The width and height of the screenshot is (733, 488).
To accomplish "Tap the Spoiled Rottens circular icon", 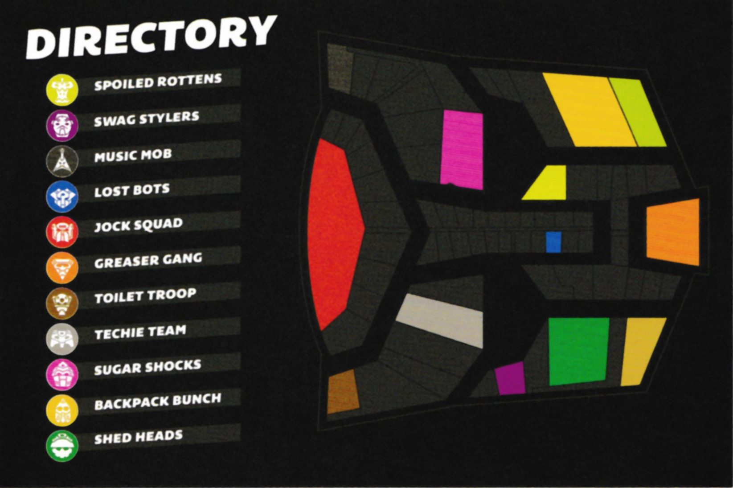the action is [62, 90].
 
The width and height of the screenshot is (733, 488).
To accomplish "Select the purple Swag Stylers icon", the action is [62, 125].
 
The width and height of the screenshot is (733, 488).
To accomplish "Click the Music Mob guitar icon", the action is [62, 161].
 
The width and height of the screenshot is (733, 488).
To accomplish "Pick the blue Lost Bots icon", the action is [62, 197].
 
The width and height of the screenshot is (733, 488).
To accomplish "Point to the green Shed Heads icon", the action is [62, 446].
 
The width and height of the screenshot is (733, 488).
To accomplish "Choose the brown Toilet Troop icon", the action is [62, 303].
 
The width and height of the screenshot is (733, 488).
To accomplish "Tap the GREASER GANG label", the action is [148, 261].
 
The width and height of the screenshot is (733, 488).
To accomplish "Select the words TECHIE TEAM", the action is [140, 332].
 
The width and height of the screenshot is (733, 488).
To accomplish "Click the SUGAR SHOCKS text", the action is [147, 368].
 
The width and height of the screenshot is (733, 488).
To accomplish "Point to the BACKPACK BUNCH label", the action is [158, 402].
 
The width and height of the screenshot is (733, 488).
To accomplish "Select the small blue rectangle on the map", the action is [553, 242].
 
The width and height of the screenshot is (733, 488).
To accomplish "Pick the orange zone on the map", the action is [673, 232].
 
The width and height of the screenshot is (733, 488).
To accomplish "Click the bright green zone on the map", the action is [579, 352].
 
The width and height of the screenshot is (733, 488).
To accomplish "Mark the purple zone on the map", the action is [510, 378].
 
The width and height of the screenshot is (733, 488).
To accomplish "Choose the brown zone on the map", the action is [343, 391].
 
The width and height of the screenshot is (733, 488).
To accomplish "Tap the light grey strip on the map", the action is [439, 320].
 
